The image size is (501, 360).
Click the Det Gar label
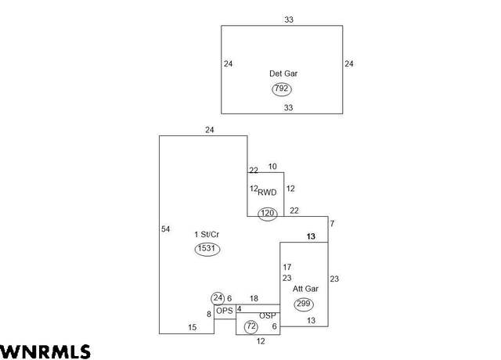pyautogui.click(x=283, y=74)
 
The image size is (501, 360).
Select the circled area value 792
pyautogui.click(x=282, y=88)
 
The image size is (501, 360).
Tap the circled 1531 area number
pyautogui.click(x=207, y=249)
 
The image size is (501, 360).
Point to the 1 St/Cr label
pyautogui.click(x=207, y=235)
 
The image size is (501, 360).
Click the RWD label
pyautogui.click(x=267, y=193)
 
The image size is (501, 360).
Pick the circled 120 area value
pyautogui.click(x=268, y=214)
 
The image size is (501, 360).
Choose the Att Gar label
pyautogui.click(x=305, y=289)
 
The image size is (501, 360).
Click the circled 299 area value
pyautogui.click(x=304, y=304)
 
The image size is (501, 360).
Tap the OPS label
pyautogui.click(x=225, y=311)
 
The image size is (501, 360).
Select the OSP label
pyautogui.click(x=268, y=316)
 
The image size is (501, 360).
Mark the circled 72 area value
pyautogui.click(x=251, y=327)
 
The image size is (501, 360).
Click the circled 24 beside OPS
pyautogui.click(x=218, y=298)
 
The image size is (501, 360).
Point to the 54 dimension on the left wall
pyautogui.click(x=165, y=229)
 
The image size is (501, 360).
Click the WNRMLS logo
pyautogui.click(x=45, y=351)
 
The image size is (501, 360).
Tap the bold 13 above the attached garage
pyautogui.click(x=311, y=236)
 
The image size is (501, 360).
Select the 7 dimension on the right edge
pyautogui.click(x=332, y=224)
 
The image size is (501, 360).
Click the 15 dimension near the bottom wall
pyautogui.click(x=193, y=327)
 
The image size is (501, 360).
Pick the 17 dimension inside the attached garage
pyautogui.click(x=287, y=267)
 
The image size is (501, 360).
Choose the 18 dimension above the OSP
pyautogui.click(x=254, y=299)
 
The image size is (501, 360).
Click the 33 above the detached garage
pyautogui.click(x=289, y=20)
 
